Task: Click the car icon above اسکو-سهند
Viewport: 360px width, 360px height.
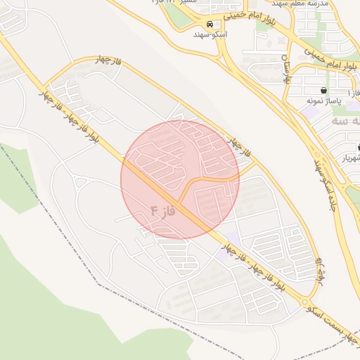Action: tap(210, 22)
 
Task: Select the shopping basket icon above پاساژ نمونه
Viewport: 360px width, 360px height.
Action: tap(323, 91)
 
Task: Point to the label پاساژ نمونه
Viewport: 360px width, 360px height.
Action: tap(323, 101)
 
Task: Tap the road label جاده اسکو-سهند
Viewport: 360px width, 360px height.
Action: tap(321, 183)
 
